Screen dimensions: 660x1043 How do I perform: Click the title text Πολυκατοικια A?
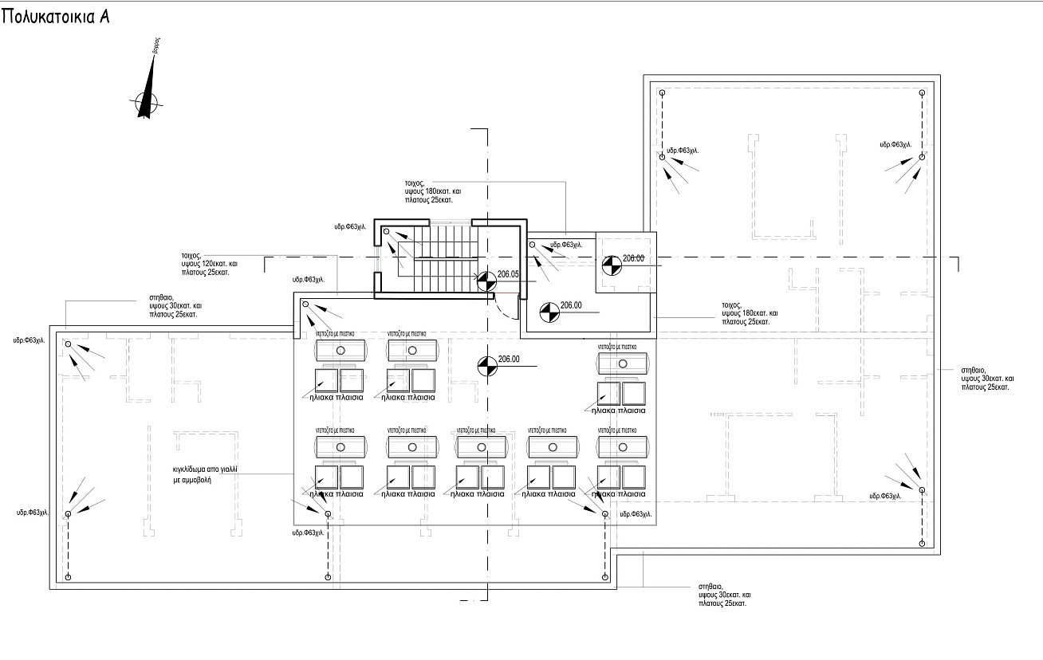(x=55, y=18)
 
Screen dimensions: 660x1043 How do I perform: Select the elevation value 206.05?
(x=508, y=274)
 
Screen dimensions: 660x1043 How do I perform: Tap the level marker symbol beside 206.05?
(x=486, y=280)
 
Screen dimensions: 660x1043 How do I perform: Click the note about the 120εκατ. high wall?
(x=205, y=264)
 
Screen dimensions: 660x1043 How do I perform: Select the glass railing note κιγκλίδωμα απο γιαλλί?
(x=204, y=476)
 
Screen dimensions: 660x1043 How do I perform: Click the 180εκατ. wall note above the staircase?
(x=432, y=192)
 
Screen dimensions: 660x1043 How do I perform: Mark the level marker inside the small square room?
(x=611, y=265)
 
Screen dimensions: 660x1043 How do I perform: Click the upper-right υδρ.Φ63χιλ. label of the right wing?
(x=895, y=145)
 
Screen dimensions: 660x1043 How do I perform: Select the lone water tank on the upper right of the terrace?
(x=624, y=363)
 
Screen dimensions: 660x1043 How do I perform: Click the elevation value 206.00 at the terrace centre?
(x=509, y=359)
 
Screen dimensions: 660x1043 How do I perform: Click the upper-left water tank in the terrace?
(x=340, y=351)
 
